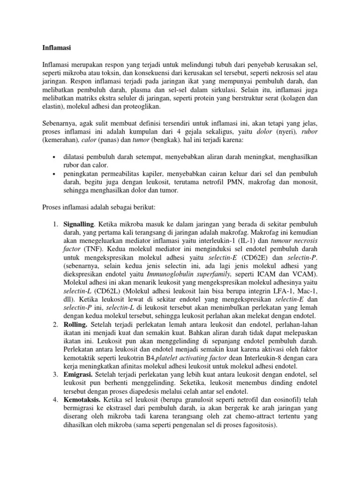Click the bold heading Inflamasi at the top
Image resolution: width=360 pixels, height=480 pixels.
(x=55, y=47)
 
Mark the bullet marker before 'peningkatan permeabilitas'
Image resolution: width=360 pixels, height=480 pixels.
(x=54, y=174)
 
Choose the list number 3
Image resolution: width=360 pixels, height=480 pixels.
(x=54, y=374)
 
